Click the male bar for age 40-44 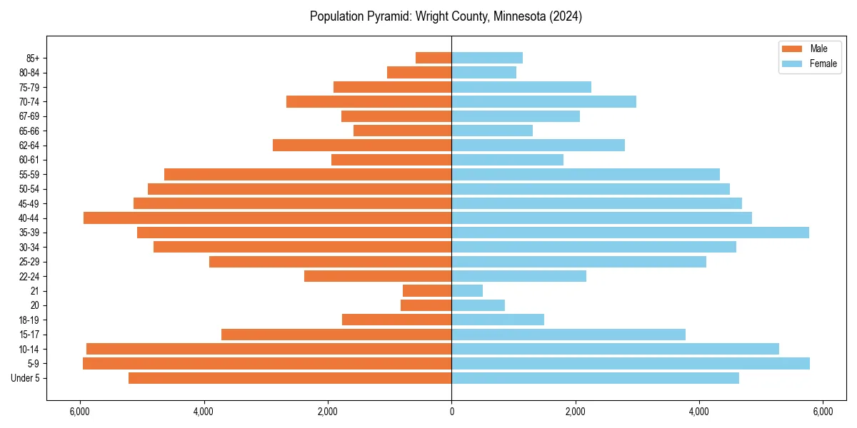268,218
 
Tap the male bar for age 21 427,290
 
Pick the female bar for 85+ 487,58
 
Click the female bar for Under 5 595,378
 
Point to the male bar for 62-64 362,145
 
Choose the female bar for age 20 478,305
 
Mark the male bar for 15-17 336,335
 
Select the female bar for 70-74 543,101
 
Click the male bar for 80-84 419,72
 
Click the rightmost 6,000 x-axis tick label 823,412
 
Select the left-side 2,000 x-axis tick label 328,412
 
